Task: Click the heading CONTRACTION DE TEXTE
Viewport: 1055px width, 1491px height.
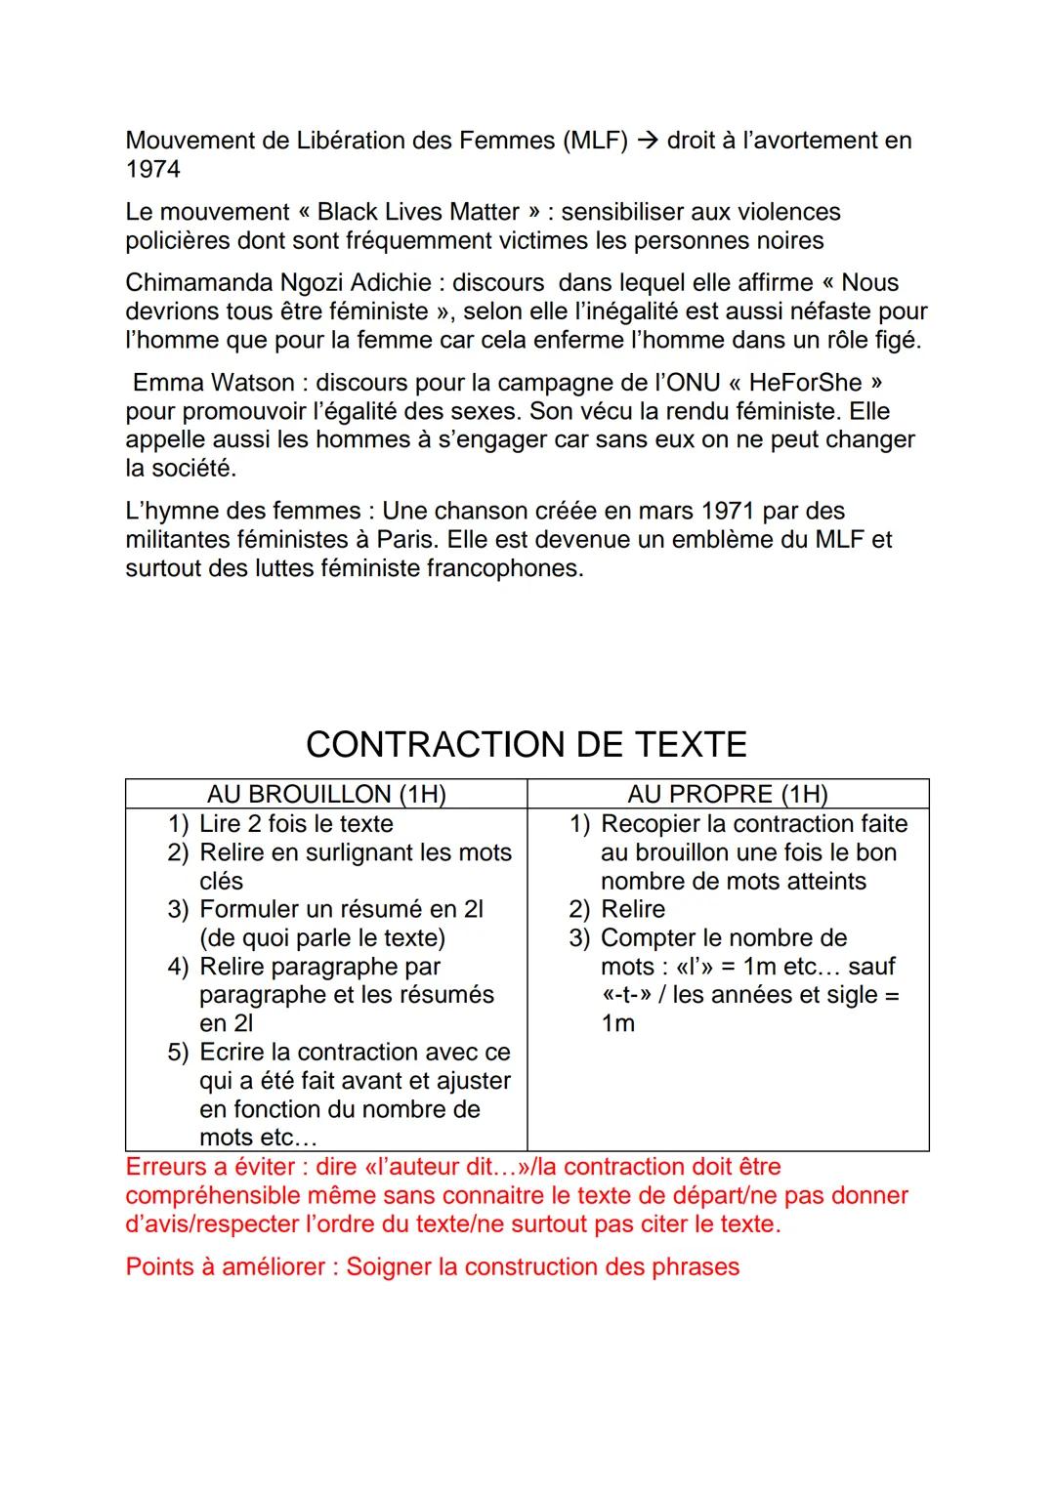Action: point(526,745)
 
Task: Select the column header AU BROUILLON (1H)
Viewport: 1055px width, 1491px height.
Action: point(326,794)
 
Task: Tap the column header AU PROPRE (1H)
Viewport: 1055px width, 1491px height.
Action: point(727,794)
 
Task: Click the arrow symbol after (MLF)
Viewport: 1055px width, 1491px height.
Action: point(647,141)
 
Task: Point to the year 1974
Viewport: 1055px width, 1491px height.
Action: point(152,170)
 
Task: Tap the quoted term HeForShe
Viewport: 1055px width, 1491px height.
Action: point(805,383)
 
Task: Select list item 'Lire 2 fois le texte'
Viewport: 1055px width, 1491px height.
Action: point(296,824)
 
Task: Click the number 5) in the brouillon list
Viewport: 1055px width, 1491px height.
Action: point(177,1053)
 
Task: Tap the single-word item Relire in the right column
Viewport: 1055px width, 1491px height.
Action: point(632,910)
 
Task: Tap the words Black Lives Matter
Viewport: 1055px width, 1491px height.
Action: point(418,213)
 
